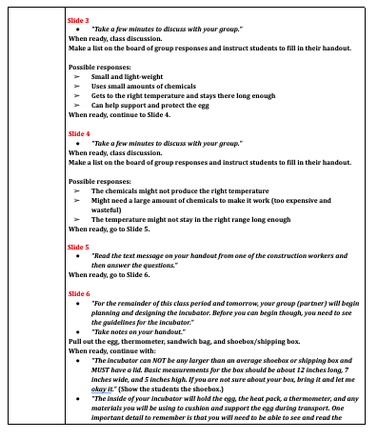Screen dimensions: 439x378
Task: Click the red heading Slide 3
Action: point(79,19)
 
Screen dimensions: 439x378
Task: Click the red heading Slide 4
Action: point(79,134)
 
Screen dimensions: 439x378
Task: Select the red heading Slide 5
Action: point(79,246)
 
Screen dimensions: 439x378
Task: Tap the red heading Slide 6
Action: point(79,294)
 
